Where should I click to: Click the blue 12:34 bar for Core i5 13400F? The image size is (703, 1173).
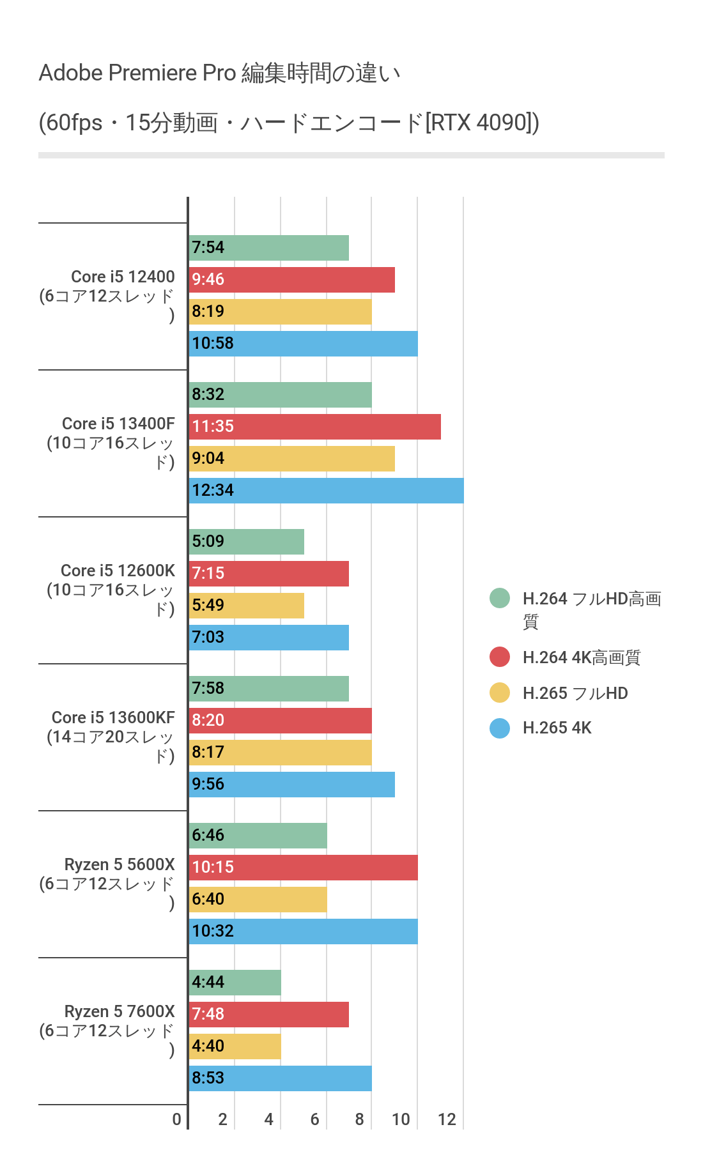[326, 491]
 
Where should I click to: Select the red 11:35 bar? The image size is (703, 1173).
[314, 427]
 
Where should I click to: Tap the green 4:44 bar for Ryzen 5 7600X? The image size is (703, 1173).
[235, 983]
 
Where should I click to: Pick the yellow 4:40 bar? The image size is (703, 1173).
[235, 1046]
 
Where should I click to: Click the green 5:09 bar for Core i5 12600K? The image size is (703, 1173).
[246, 542]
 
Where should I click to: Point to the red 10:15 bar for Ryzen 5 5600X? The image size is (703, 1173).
[303, 868]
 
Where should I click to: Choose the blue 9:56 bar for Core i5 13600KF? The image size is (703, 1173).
[291, 785]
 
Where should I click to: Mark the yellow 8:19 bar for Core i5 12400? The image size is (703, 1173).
[280, 312]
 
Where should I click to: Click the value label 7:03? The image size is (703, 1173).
[208, 638]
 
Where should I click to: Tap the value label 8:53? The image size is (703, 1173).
[208, 1078]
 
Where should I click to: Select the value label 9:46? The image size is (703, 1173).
[208, 280]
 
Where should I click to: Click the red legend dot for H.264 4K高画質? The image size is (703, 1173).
[500, 657]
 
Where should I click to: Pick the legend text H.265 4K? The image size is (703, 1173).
[557, 728]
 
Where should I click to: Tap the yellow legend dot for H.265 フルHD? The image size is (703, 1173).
[500, 693]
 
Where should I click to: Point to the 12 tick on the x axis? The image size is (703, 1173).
[447, 1119]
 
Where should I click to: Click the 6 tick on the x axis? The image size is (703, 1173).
[314, 1119]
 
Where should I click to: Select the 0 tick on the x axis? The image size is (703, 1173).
[177, 1119]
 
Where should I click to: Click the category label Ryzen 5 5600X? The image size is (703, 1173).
[120, 865]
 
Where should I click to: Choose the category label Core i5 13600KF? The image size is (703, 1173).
[113, 718]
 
